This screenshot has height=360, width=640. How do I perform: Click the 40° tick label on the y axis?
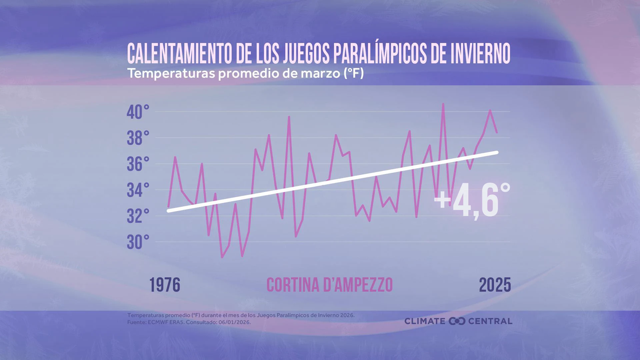[138, 112]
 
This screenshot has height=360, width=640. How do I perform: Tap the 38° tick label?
[138, 138]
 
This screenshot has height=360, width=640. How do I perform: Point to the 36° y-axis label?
[138, 164]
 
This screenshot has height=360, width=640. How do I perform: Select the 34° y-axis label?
[138, 190]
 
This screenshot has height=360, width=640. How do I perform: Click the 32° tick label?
[138, 216]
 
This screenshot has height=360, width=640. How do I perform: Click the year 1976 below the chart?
[165, 285]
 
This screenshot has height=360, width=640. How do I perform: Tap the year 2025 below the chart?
[495, 285]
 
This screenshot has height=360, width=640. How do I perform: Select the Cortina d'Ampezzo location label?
[330, 285]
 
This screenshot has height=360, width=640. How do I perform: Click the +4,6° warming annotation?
[472, 201]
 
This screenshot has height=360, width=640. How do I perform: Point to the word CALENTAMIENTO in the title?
[179, 53]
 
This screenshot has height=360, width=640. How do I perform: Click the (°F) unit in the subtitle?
[354, 73]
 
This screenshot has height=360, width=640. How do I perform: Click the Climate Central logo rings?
[457, 321]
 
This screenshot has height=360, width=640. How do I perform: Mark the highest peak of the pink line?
[443, 104]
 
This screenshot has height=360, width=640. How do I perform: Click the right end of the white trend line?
[497, 152]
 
